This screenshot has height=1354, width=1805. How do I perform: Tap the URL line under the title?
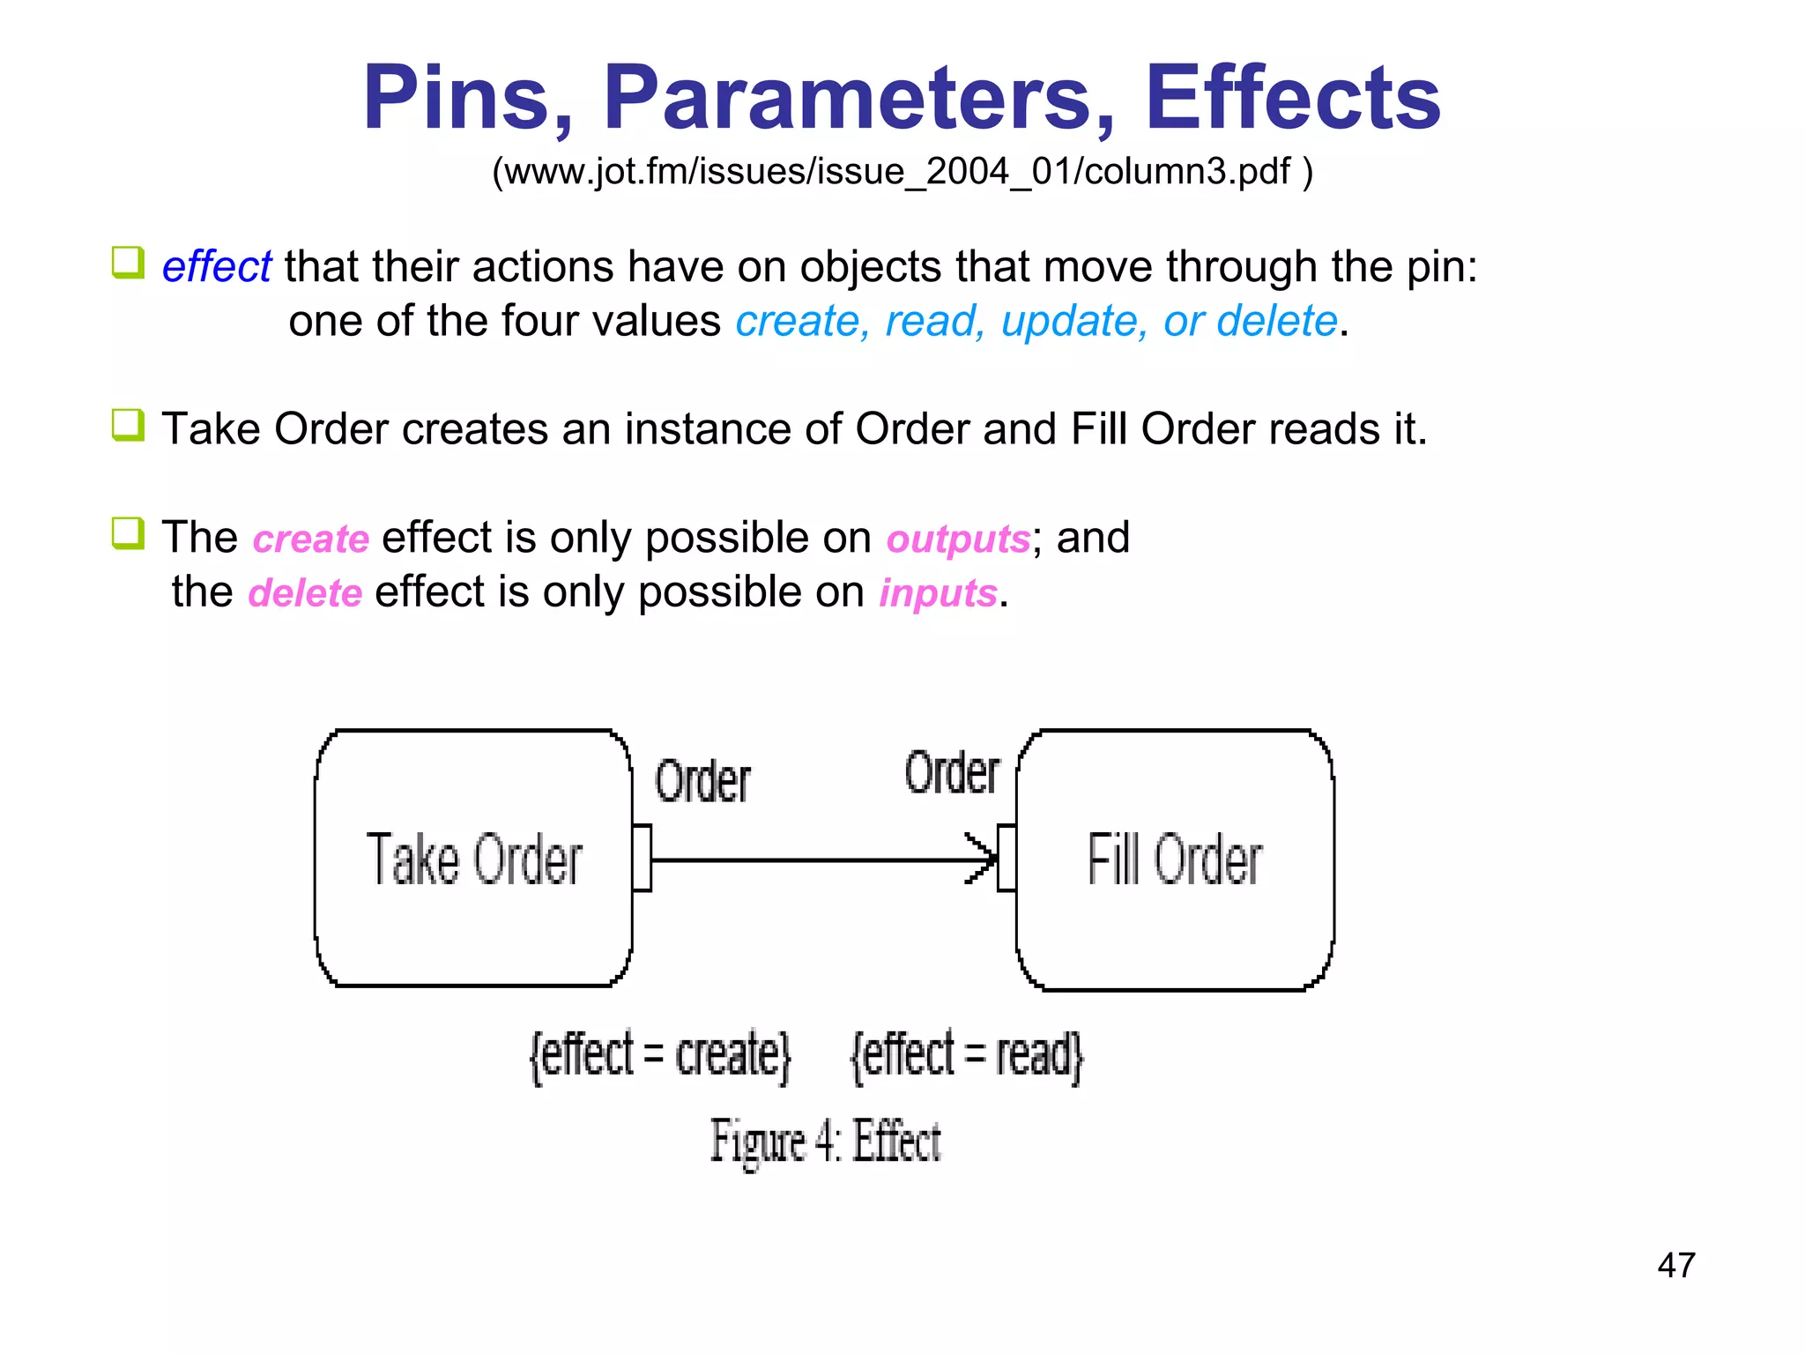coord(902,171)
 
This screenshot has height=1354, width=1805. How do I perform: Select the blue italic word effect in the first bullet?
coord(216,266)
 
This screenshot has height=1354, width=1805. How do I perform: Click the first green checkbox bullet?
coord(128,263)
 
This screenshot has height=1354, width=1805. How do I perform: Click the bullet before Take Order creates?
coord(128,425)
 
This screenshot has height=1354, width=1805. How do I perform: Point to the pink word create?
coord(310,539)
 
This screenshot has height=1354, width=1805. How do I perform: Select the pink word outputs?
coord(957,539)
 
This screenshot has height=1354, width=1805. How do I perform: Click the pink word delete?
coord(305,592)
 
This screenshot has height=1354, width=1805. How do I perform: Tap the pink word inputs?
coord(938,592)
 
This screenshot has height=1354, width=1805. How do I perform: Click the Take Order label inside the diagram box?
coord(474,859)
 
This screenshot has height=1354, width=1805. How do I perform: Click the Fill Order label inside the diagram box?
coord(1174,859)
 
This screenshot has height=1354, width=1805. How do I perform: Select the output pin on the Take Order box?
coord(642,858)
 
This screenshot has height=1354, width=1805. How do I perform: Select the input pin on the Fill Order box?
coord(1006,858)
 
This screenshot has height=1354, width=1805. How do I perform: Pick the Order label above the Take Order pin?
coord(702,781)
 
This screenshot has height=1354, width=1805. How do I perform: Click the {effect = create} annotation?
coord(659,1054)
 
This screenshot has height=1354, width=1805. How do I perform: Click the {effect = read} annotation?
coord(966,1054)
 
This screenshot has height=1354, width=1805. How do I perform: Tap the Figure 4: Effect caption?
coord(825,1141)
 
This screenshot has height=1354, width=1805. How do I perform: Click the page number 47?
coord(1675,1265)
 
